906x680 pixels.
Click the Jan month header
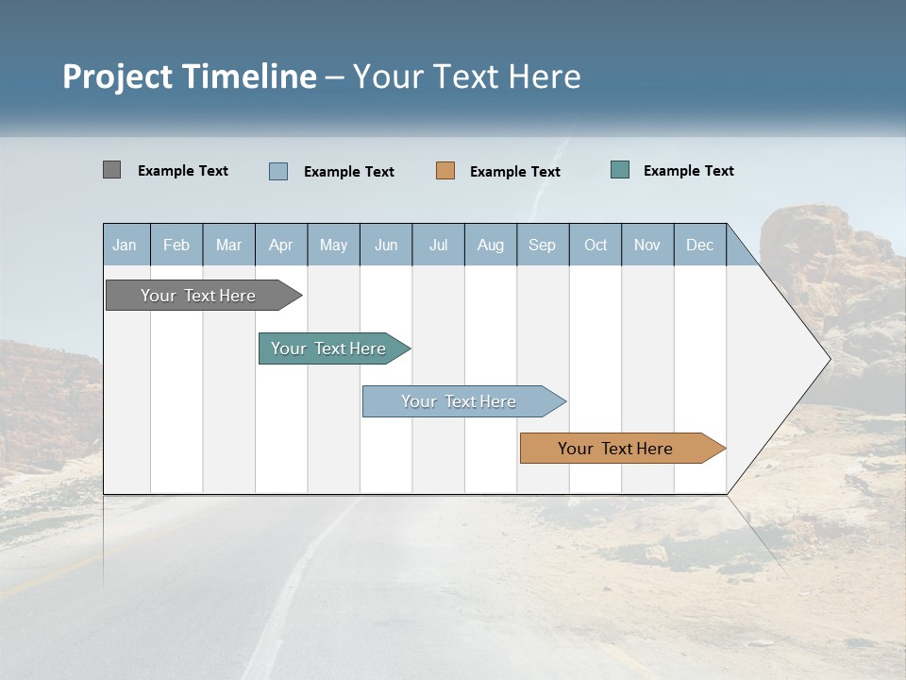tap(125, 245)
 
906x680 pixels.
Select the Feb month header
tap(176, 245)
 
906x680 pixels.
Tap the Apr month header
tap(281, 245)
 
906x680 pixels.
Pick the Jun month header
tap(386, 245)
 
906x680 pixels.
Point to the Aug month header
tap(491, 245)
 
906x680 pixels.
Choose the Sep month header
tap(543, 245)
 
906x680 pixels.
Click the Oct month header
tap(596, 245)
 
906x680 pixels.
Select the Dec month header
tap(700, 245)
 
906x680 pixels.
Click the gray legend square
tap(111, 170)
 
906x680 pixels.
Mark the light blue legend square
tap(278, 171)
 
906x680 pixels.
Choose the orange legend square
tap(445, 171)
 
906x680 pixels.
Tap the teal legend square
tap(620, 170)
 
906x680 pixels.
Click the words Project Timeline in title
tap(189, 76)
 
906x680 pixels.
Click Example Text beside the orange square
tap(514, 172)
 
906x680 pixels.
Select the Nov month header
tap(647, 245)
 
